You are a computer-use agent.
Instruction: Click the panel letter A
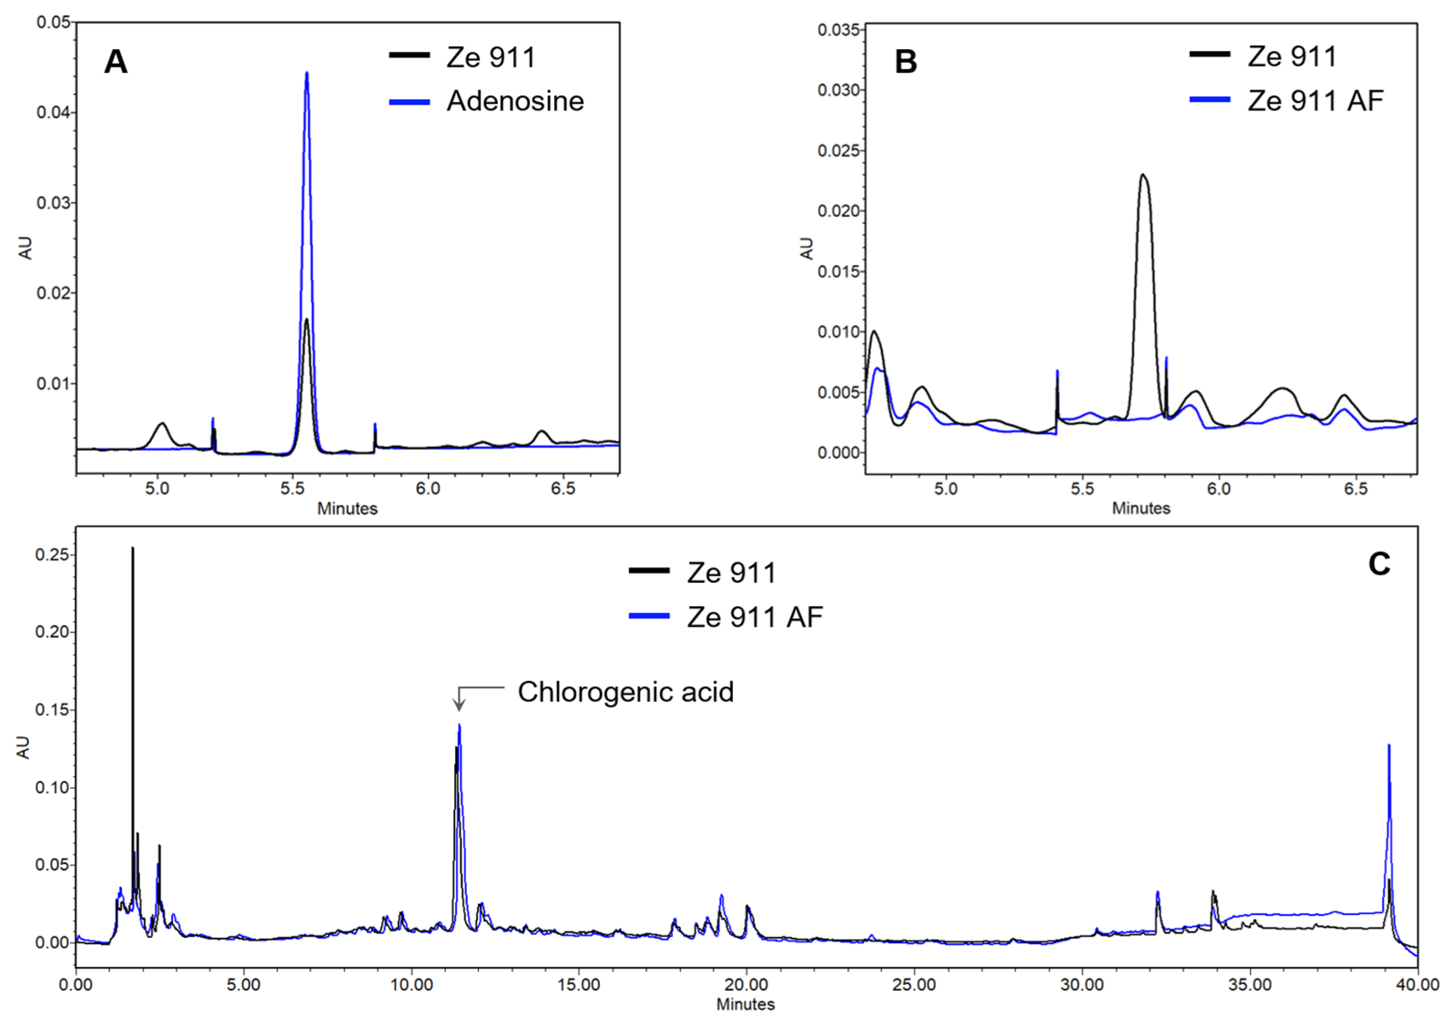116,62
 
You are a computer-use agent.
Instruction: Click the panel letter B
906,62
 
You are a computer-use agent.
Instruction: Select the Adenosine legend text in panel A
515,101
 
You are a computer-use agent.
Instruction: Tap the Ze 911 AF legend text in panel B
1315,101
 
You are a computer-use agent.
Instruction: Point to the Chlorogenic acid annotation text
625,692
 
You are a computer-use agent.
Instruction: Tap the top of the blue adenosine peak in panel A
307,73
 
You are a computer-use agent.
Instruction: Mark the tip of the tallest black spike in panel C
132,549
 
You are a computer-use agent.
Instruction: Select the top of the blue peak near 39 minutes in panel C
1389,746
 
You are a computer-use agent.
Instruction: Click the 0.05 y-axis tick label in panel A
53,22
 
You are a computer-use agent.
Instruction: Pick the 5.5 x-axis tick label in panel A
292,488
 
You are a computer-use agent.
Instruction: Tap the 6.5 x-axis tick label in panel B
1356,488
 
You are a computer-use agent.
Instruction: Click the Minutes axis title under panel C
745,1004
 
